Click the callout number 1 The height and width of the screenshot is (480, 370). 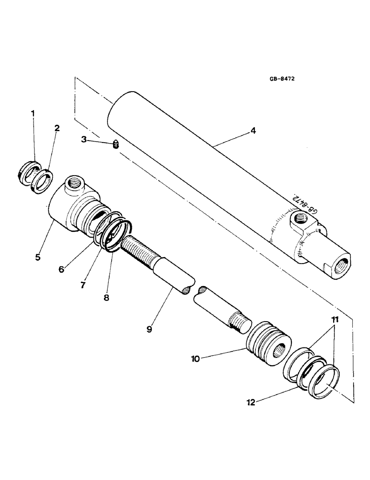(33, 114)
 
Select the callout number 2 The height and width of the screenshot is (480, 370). (57, 128)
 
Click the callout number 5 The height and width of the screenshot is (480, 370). (38, 257)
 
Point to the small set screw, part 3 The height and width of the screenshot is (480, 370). (115, 144)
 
